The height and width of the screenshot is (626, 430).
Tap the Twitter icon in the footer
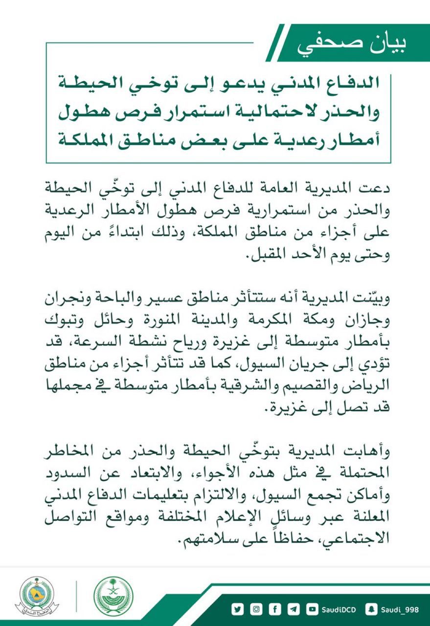pyautogui.click(x=238, y=609)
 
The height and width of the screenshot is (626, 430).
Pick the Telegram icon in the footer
pyautogui.click(x=293, y=609)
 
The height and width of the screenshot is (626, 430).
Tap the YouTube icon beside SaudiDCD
pyautogui.click(x=311, y=609)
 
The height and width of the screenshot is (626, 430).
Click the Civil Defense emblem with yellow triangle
pyautogui.click(x=37, y=597)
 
